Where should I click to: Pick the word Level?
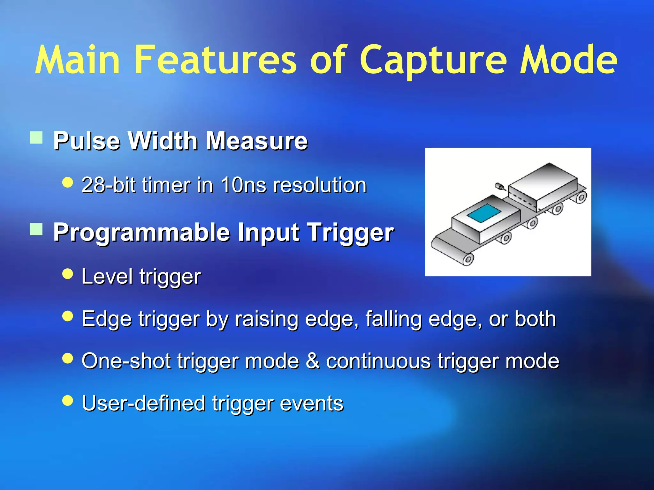point(107,276)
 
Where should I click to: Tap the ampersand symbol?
point(313,361)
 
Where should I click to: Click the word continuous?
point(378,361)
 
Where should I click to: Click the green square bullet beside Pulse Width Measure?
point(36,138)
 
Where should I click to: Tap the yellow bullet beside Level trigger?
point(68,274)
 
